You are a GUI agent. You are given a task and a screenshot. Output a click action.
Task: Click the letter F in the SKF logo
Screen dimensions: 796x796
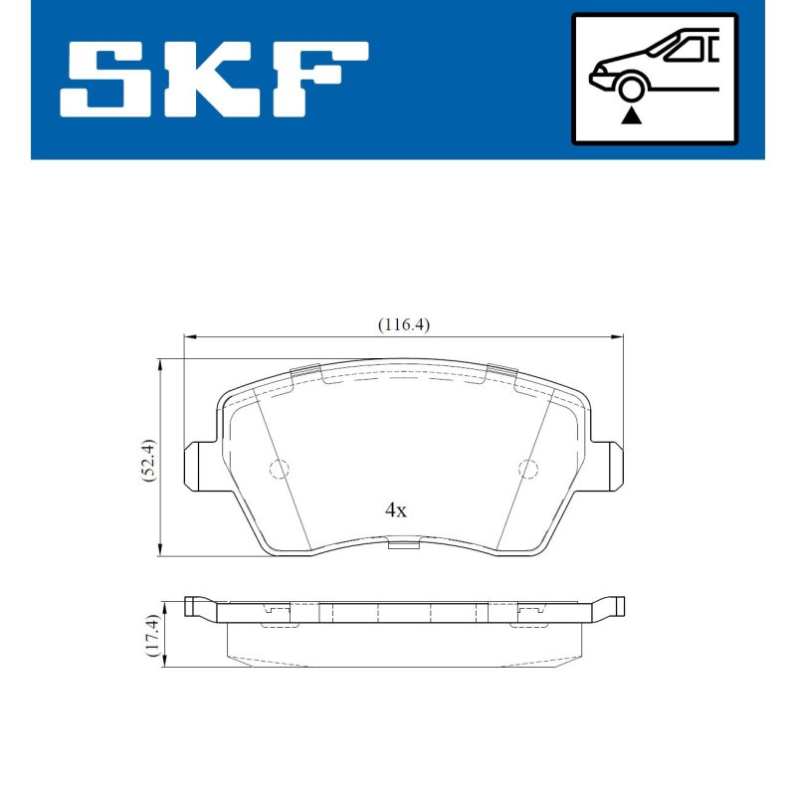tap(320, 80)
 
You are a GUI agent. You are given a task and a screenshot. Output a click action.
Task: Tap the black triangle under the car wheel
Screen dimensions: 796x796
tap(631, 115)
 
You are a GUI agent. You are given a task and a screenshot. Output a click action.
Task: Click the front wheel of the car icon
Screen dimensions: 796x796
tap(630, 88)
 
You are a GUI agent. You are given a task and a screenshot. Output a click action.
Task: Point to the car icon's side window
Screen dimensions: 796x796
tap(684, 50)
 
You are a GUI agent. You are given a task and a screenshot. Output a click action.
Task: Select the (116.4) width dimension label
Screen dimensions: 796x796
tap(404, 324)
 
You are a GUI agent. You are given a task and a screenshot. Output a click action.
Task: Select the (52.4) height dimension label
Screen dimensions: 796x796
tap(150, 460)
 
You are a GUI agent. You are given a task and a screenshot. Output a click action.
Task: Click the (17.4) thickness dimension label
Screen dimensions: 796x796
tap(153, 635)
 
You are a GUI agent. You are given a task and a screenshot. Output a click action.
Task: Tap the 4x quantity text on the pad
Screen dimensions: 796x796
tap(395, 509)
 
